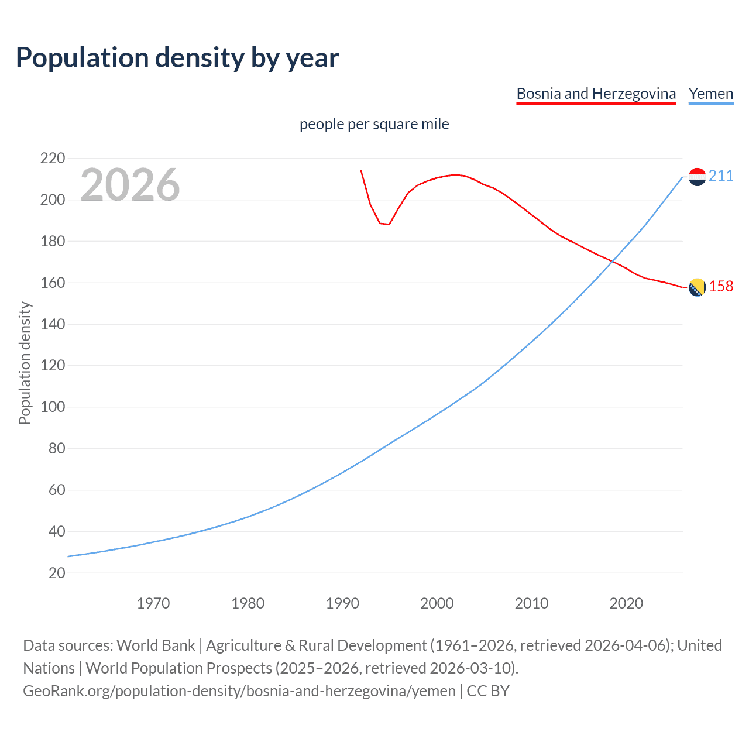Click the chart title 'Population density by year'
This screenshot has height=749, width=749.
coord(177,58)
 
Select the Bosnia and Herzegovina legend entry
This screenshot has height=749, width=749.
coord(596,94)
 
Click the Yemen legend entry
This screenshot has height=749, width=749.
coord(710,94)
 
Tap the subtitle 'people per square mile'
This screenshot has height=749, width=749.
coord(374,124)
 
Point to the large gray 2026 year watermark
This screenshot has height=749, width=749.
coord(130,185)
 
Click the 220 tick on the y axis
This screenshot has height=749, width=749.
coord(53,159)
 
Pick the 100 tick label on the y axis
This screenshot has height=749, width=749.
coord(53,407)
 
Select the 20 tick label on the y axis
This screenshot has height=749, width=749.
coord(57,573)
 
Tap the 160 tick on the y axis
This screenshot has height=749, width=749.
coord(53,283)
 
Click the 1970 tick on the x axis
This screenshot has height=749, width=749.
coord(153,603)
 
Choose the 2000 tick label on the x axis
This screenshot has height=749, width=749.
coord(437,603)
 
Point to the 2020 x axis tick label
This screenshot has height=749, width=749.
coord(626,603)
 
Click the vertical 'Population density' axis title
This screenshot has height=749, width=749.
coord(25,363)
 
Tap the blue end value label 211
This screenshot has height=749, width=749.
coord(721,176)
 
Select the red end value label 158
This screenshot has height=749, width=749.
coord(721,286)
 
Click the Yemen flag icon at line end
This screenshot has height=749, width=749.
coord(697,176)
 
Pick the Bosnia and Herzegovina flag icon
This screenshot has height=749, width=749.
coord(697,287)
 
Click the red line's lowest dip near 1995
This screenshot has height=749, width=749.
coord(389,224)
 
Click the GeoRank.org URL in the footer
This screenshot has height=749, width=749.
coord(239,691)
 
